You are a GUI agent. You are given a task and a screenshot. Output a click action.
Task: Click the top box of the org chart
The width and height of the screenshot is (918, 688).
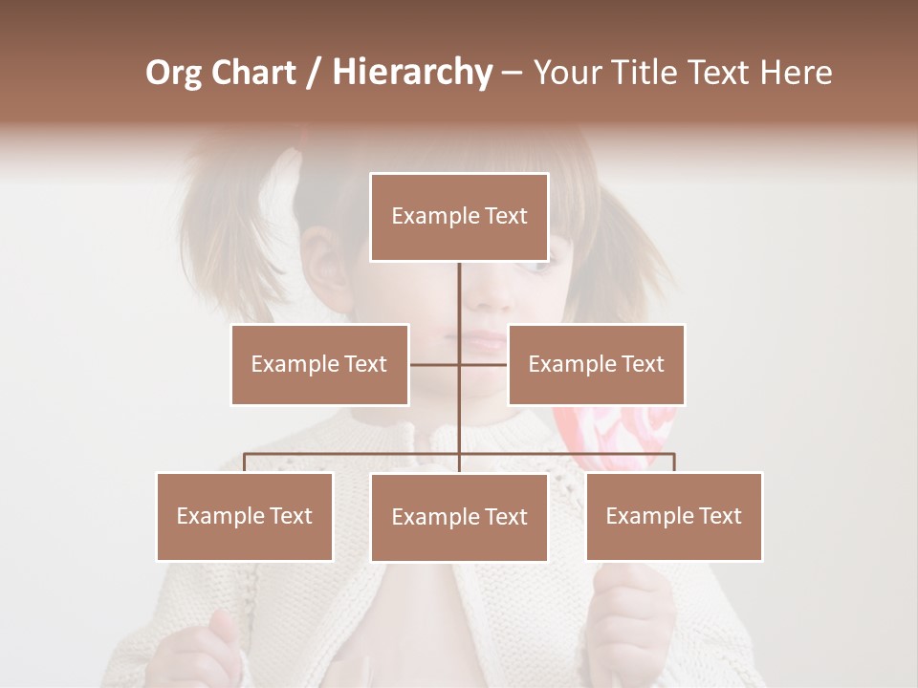459,217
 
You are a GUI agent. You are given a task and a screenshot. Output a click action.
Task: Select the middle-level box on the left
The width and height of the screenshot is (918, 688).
319,364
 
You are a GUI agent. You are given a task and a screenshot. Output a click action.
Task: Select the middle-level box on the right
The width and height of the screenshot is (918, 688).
596,364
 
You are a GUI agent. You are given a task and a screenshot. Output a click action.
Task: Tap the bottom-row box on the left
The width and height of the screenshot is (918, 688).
245,516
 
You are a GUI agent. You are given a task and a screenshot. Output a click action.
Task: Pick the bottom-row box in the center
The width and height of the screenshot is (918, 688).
459,517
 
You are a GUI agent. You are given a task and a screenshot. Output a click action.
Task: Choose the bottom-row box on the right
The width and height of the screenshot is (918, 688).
673,516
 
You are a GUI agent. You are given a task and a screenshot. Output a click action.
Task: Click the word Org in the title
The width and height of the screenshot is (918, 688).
173,73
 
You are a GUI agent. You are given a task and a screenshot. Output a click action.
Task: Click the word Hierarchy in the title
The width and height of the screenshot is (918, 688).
411,73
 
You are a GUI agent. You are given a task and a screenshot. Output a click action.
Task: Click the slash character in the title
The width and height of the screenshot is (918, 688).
313,73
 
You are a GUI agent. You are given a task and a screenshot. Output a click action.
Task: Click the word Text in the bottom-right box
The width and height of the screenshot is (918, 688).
719,516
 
